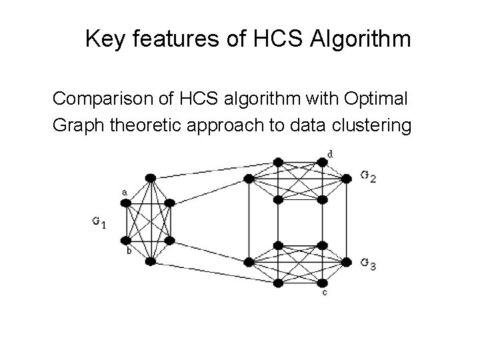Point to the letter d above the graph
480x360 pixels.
(331, 155)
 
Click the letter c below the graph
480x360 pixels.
(325, 292)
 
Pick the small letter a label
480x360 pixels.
(124, 193)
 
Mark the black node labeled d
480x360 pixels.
(323, 162)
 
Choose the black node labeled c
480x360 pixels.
(323, 283)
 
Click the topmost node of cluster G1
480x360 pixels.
(151, 177)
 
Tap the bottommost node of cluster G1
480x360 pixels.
(151, 261)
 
